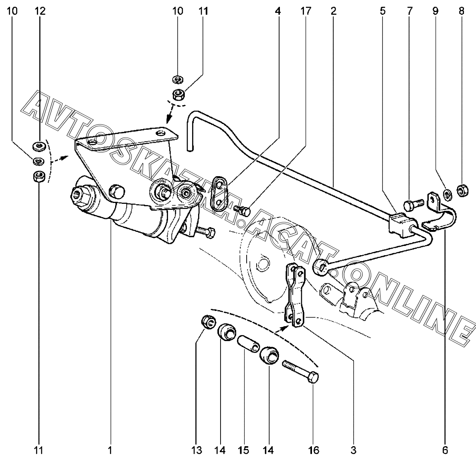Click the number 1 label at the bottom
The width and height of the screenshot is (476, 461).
point(109,450)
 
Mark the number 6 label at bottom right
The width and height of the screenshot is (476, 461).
point(445,450)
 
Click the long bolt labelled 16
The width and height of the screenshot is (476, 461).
point(300,371)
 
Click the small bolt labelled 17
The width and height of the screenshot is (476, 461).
point(242,210)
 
